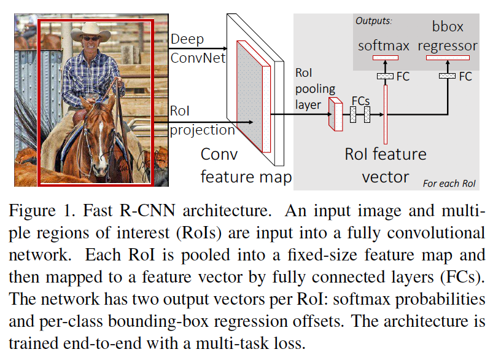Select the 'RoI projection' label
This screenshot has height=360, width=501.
point(202,122)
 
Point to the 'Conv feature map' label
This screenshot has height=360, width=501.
point(246,165)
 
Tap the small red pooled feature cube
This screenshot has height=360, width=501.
point(335,114)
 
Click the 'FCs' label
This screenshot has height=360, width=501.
point(360,100)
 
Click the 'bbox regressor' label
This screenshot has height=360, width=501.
point(447,37)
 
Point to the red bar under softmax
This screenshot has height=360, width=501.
point(384,57)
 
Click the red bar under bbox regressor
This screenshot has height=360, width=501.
point(447,57)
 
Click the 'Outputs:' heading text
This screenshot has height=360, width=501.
point(374,20)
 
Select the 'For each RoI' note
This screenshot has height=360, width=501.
point(449,183)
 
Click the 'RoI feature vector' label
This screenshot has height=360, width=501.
point(385,165)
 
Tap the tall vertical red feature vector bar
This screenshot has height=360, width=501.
point(385,114)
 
